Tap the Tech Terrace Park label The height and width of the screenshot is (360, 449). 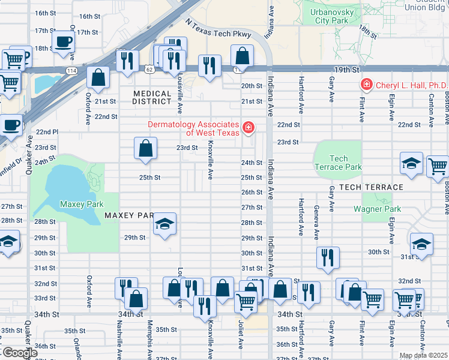[x=339, y=163]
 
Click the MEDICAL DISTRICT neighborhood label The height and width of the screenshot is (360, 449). [x=152, y=98]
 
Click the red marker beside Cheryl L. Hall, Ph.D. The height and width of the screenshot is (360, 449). [x=366, y=85]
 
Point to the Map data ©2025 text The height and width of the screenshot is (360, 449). [x=423, y=355]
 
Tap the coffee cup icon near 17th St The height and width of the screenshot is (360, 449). [x=64, y=42]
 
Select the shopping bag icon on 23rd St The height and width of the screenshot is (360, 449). [x=146, y=148]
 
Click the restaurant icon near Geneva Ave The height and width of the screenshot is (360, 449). [x=328, y=257]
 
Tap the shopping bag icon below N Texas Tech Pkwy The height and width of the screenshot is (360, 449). [x=241, y=58]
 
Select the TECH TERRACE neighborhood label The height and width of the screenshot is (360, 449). [x=371, y=187]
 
